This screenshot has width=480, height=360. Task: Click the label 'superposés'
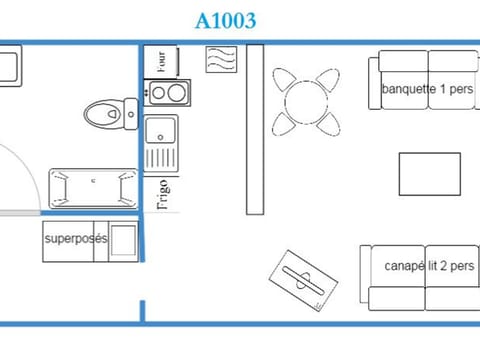75,241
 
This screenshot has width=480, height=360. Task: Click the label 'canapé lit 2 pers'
429,266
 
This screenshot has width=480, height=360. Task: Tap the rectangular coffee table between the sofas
429,174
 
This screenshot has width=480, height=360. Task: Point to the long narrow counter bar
255,129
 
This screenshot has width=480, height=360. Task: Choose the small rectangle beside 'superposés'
122,242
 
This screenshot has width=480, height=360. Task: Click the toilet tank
127,110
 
